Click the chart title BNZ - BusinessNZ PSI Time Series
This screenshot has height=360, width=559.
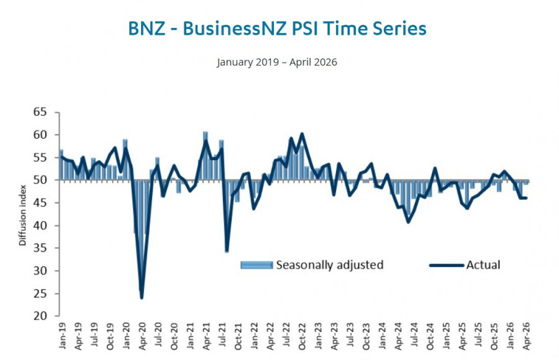277,29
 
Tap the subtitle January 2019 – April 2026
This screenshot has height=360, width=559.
276,62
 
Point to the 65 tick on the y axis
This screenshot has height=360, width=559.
40,112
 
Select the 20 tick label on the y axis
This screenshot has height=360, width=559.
40,316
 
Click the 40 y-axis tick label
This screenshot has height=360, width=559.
40,225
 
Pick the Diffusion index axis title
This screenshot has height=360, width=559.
22,215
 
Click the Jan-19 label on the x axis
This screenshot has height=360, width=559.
62,336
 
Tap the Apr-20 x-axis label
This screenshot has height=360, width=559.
142,336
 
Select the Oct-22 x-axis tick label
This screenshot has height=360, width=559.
302,336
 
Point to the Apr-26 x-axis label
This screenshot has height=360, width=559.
526,336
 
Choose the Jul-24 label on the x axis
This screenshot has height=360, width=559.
414,335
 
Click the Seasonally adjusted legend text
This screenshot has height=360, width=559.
330,265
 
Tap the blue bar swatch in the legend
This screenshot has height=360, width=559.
257,265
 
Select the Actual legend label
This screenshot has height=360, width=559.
483,265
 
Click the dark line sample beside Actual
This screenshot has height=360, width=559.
447,265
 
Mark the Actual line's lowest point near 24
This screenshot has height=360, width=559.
142,298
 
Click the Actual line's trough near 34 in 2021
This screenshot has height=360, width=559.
227,251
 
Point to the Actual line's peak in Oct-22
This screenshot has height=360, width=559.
302,133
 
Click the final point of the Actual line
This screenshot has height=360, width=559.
526,198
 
